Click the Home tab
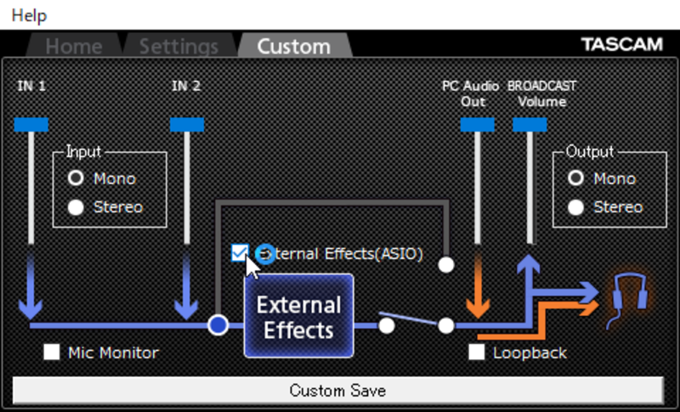tap(74, 46)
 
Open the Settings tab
tap(178, 46)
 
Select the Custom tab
tap(294, 46)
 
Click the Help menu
tap(29, 15)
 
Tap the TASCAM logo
tap(622, 44)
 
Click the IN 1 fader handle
tap(31, 125)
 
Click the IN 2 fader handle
tap(187, 125)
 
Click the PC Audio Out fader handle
tap(478, 125)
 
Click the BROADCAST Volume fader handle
tap(530, 125)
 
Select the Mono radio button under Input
tap(76, 178)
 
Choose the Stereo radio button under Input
tap(76, 207)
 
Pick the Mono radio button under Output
tap(576, 178)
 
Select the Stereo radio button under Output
tap(576, 207)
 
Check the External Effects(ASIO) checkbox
tap(240, 253)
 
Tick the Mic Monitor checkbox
tap(52, 353)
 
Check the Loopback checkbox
tap(477, 353)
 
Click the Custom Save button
tap(337, 391)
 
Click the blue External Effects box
tap(299, 316)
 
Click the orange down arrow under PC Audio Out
tap(478, 286)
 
